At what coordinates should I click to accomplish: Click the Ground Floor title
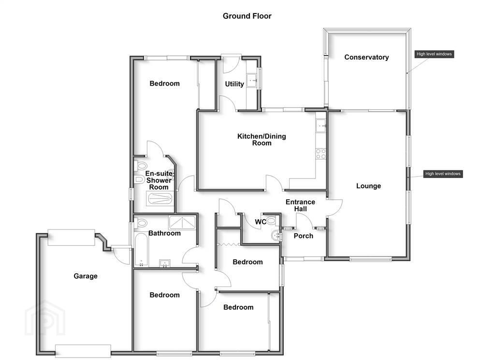coord(247,16)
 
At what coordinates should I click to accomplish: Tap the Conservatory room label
coord(366,57)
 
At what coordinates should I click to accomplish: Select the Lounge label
coord(368,186)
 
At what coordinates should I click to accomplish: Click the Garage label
coord(85,276)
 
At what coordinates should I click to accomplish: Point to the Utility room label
coord(234,84)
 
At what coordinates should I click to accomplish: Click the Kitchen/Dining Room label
coord(262,139)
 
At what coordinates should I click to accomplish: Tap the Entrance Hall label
coord(300,205)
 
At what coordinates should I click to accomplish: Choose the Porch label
coord(303,236)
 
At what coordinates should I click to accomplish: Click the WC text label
coord(260,222)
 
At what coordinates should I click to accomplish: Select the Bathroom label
coord(164,233)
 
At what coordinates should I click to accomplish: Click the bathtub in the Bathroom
coord(141,249)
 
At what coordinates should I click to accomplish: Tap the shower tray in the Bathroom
coord(182,222)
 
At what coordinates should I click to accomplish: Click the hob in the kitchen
coord(321,154)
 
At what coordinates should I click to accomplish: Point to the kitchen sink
coord(321,126)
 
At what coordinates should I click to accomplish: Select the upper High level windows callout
coord(434,54)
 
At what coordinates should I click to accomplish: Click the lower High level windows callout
coord(443,174)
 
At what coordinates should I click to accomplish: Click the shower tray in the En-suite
coord(160,199)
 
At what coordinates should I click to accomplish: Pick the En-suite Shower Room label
coord(159,180)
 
